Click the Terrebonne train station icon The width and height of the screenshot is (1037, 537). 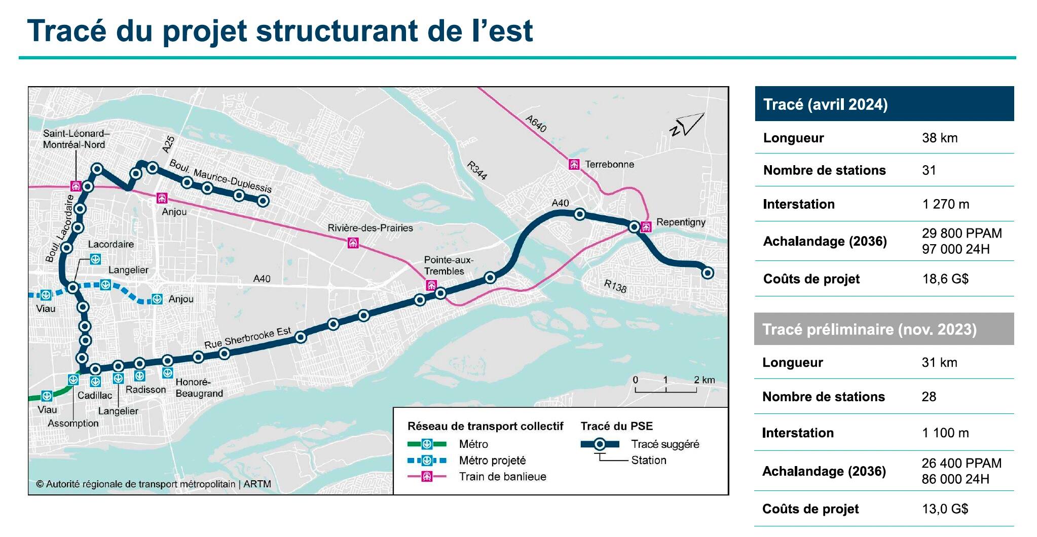[x=574, y=164]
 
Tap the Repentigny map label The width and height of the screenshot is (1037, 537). [x=680, y=222]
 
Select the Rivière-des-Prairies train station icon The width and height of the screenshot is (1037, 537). [x=353, y=243]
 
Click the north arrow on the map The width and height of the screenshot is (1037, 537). [x=688, y=125]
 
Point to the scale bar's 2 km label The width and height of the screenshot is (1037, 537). [x=704, y=380]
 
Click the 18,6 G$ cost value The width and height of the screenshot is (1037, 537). [x=945, y=279]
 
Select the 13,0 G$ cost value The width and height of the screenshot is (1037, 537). [x=945, y=509]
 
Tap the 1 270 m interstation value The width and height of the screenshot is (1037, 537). [x=945, y=204]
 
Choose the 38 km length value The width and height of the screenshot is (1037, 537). [x=940, y=138]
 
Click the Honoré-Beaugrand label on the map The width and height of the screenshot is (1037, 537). [x=199, y=388]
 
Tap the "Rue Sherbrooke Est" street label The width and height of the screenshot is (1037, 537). [x=247, y=338]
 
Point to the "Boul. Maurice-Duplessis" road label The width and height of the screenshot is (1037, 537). [x=220, y=176]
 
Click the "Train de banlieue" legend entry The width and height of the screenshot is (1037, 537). [x=502, y=477]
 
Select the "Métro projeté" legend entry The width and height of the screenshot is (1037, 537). [x=492, y=461]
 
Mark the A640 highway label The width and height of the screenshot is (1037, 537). [x=536, y=124]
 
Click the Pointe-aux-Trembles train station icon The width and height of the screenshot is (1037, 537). [x=431, y=285]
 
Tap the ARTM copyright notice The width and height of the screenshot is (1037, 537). [x=154, y=484]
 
